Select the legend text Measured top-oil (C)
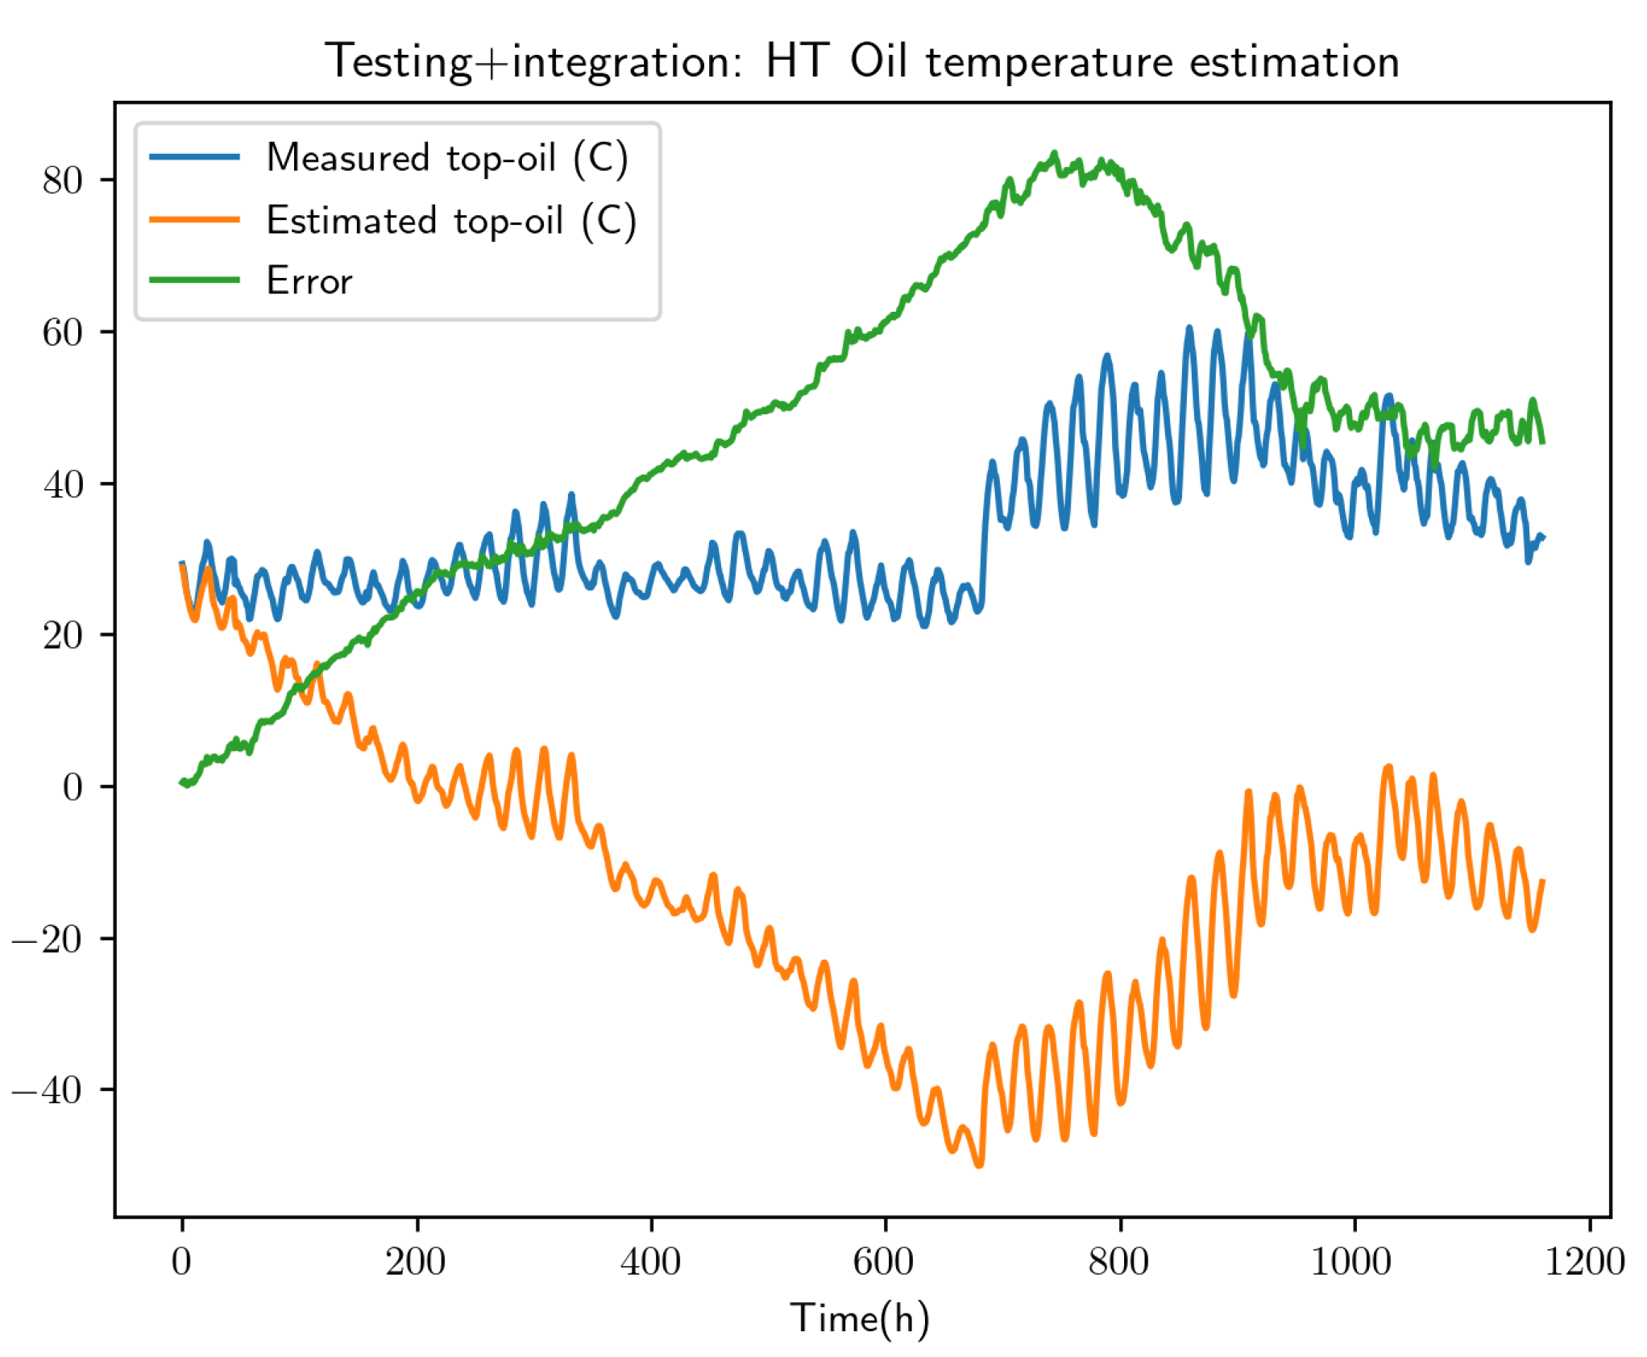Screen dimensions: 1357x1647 447,158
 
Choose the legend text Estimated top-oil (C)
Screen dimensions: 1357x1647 451,220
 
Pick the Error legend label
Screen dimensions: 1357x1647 309,281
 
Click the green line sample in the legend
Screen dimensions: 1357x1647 195,280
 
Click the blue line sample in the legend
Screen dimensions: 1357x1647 195,157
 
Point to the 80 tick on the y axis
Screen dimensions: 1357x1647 63,181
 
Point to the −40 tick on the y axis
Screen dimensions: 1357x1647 47,1091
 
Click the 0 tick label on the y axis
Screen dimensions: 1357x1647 73,787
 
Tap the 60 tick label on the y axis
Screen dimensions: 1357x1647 63,333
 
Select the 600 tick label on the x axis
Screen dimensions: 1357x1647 884,1261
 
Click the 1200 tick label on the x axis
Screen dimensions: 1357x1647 1584,1261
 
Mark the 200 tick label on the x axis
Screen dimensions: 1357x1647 416,1261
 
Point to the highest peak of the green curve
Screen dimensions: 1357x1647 1054,153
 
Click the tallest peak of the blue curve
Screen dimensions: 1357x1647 1189,328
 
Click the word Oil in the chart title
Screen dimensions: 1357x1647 879,61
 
